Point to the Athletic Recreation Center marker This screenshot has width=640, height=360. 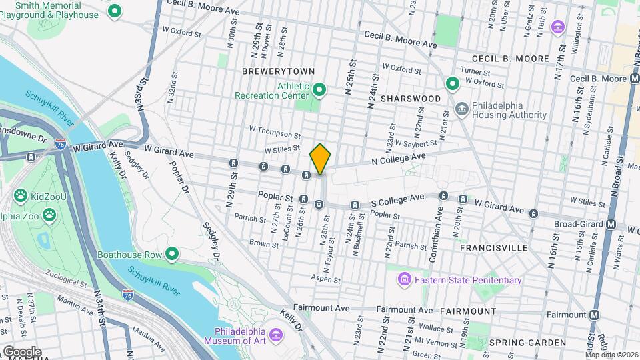click(x=319, y=89)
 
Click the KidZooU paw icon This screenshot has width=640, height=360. click(x=21, y=196)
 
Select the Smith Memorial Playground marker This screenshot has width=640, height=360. click(x=115, y=11)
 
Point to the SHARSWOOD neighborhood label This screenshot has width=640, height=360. click(x=411, y=99)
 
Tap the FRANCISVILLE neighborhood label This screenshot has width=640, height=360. click(x=494, y=248)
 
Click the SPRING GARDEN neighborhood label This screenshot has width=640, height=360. click(x=527, y=343)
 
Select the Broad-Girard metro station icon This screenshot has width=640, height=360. click(x=611, y=225)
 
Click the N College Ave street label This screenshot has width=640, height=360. click(x=399, y=157)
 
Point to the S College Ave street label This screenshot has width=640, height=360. click(x=397, y=199)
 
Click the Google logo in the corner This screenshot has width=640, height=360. click(x=22, y=351)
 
